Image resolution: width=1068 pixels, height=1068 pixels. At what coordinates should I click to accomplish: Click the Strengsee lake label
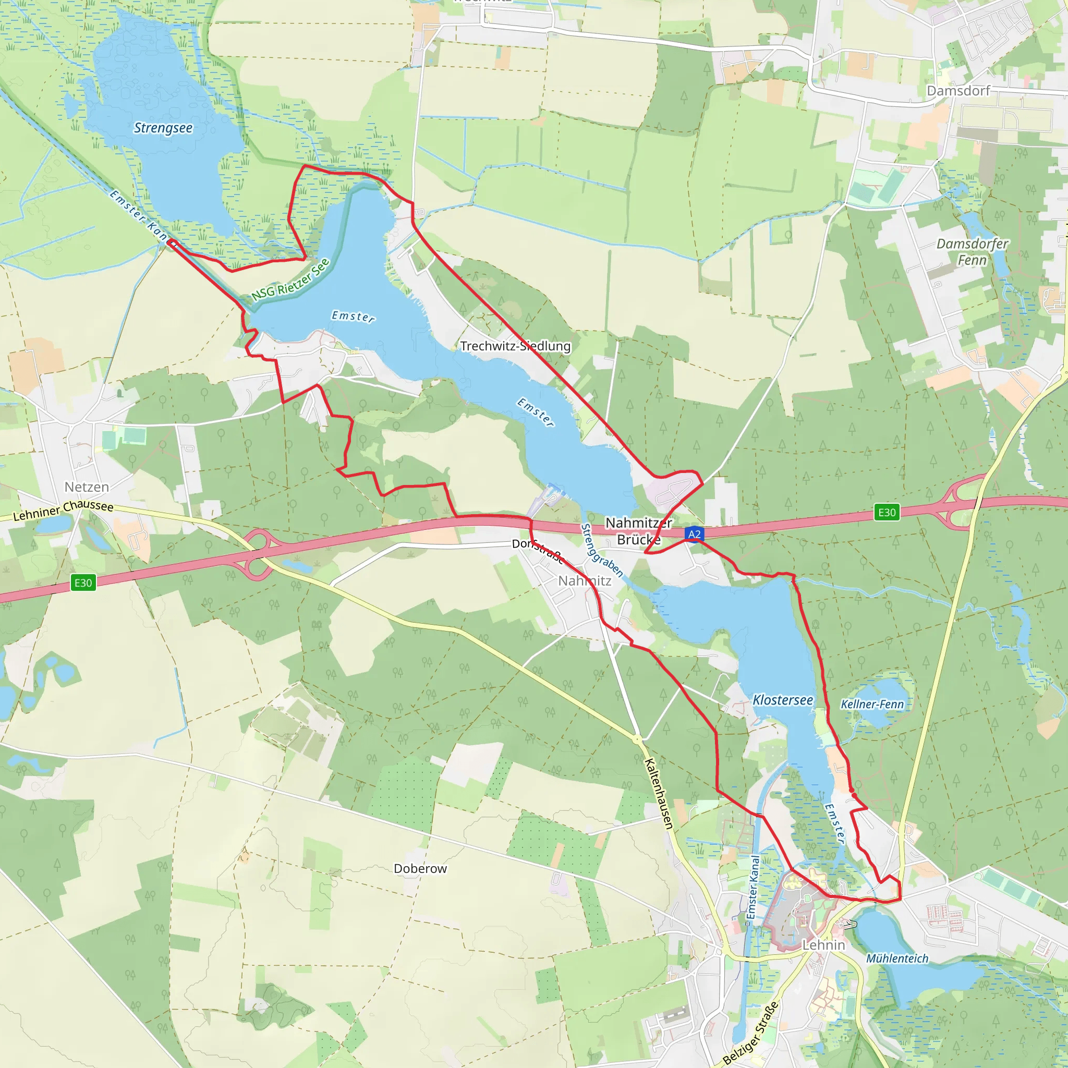point(163,128)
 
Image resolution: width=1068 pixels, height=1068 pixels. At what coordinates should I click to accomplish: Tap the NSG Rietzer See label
point(290,280)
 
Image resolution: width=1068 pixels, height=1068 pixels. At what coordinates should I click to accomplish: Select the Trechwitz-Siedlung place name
point(515,346)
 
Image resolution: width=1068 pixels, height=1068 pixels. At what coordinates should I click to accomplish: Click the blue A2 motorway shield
point(694,534)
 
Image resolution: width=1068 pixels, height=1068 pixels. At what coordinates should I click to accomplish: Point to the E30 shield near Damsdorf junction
point(887,513)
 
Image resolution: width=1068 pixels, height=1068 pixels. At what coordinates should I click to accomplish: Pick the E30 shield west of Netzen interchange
point(83,582)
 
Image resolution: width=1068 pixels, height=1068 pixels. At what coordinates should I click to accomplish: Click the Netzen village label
point(87,487)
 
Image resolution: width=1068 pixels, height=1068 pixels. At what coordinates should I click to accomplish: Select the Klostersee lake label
point(783,700)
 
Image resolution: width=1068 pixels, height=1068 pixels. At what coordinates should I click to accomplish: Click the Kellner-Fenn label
point(872,704)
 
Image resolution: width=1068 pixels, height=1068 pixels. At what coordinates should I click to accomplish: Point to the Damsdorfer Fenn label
point(972,251)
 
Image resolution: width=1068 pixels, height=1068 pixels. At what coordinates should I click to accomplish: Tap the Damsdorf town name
point(958,91)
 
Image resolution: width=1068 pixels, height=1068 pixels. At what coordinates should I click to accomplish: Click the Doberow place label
point(420,868)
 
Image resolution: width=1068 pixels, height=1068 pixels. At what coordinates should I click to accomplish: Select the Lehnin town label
point(823,945)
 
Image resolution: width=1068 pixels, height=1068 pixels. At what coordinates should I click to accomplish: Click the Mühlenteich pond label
point(897,958)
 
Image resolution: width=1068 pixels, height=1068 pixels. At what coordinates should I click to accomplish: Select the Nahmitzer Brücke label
point(638,531)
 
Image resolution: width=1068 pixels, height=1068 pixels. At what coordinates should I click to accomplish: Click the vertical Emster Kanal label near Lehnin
point(753,887)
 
